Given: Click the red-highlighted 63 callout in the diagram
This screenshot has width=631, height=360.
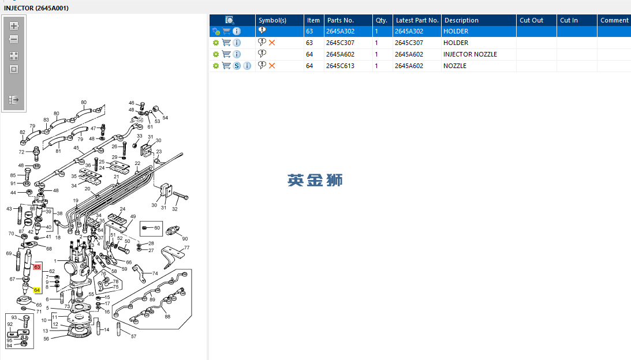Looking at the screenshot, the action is click(37, 267).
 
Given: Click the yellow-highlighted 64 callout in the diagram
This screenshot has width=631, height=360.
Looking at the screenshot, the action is click(36, 290).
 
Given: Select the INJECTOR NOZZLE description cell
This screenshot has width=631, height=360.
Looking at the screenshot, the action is click(470, 54).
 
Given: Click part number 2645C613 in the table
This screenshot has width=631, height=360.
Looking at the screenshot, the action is click(340, 66).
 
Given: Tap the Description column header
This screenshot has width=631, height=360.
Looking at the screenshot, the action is click(461, 20).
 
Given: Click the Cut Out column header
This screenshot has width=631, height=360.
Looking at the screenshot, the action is click(531, 20).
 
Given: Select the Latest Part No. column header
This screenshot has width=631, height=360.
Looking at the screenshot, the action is click(417, 20).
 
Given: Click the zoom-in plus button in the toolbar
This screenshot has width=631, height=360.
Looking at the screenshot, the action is click(14, 26).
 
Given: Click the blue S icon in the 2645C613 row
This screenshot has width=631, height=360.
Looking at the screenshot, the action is click(237, 66).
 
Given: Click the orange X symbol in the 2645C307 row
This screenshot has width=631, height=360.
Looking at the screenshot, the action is click(272, 43).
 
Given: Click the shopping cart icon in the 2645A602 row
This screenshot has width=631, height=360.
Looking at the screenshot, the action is click(226, 54).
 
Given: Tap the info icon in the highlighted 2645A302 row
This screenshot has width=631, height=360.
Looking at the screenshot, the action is click(237, 31).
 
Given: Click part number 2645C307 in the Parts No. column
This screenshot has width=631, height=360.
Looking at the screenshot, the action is click(340, 43).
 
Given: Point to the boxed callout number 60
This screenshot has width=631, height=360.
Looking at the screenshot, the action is click(157, 228).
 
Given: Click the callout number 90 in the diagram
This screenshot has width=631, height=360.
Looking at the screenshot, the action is click(185, 238).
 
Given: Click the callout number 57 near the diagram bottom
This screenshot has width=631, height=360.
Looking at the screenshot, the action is click(133, 336).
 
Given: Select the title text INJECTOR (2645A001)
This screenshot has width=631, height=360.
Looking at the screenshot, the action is click(36, 8).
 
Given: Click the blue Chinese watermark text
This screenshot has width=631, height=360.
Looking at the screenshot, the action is click(315, 180).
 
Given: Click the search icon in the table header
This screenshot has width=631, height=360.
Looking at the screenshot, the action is click(229, 20).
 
